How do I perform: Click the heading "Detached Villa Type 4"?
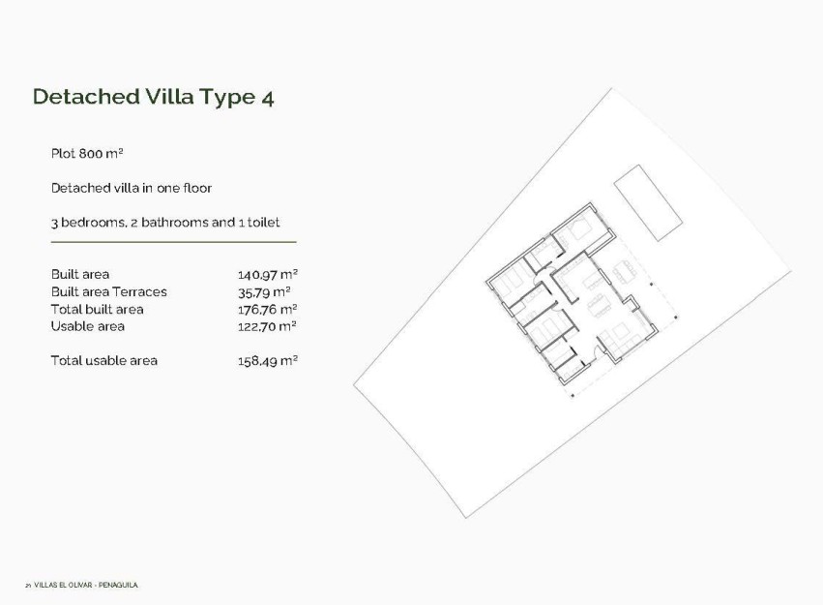(x=153, y=97)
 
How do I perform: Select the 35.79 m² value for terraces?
(x=263, y=291)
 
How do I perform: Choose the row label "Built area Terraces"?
(x=108, y=291)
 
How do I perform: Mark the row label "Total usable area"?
(x=103, y=361)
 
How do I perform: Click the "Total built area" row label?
(x=97, y=309)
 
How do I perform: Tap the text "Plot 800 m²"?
(x=87, y=154)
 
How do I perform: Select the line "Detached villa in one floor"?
(x=131, y=188)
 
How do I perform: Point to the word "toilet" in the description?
(x=264, y=223)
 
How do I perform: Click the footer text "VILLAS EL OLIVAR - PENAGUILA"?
(x=86, y=585)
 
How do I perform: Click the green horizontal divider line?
(x=173, y=241)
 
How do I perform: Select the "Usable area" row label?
(x=87, y=326)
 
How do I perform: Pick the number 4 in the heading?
(x=267, y=97)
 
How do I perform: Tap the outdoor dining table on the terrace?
(x=624, y=273)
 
